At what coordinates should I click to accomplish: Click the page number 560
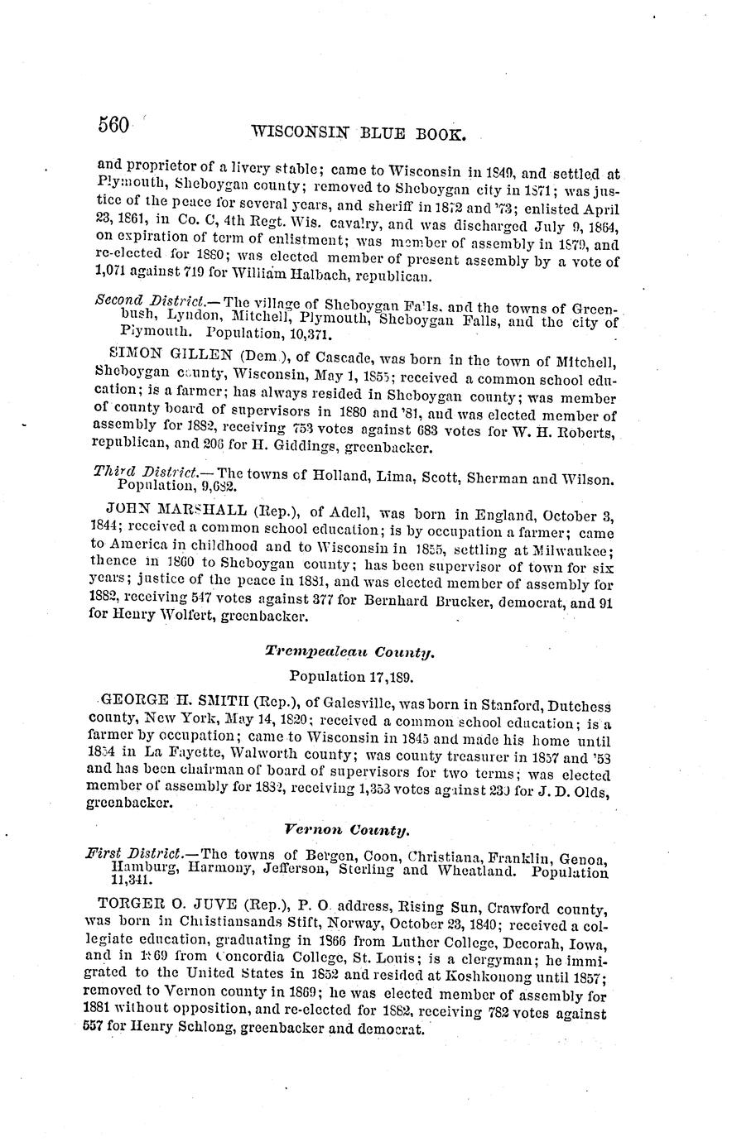[x=113, y=125]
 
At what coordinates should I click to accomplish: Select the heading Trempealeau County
[x=350, y=652]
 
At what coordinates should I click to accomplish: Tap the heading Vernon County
[x=347, y=828]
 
